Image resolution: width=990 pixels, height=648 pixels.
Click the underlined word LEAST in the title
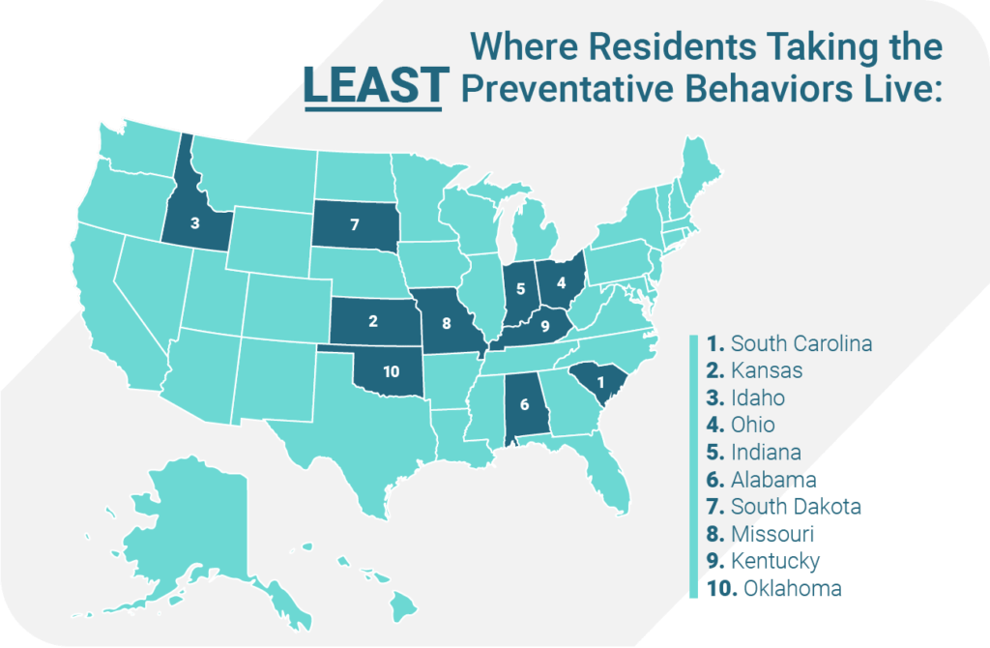tap(373, 85)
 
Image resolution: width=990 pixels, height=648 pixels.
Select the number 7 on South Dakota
tap(354, 224)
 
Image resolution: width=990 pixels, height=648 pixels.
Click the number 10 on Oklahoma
tap(391, 371)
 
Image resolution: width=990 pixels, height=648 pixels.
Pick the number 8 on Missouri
tap(447, 322)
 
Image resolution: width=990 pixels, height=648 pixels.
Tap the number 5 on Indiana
tap(520, 288)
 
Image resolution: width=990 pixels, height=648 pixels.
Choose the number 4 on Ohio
tap(561, 281)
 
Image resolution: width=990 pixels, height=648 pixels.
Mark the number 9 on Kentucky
tap(544, 326)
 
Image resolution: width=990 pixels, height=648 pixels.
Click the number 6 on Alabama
tap(524, 405)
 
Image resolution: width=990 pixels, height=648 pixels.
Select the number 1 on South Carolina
tap(600, 383)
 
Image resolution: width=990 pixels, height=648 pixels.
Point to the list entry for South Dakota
tap(783, 506)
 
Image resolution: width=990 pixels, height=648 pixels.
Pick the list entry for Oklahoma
tap(773, 588)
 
